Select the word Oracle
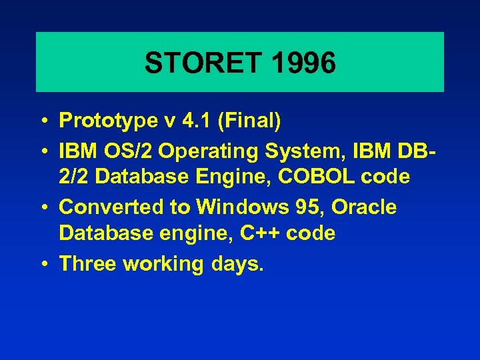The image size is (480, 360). pos(364,207)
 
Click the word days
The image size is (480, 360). pos(236,264)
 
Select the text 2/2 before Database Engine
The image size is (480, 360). pos(73,178)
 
